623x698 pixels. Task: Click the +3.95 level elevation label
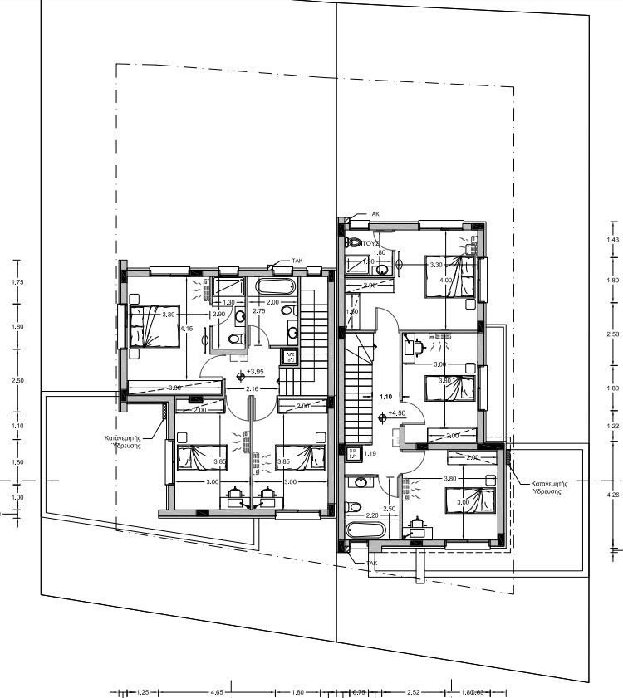click(x=255, y=372)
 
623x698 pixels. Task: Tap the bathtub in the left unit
click(x=274, y=288)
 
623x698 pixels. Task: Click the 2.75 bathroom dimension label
click(x=258, y=310)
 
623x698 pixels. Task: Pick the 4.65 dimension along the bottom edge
click(x=217, y=691)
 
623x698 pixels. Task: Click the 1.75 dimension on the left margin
click(x=17, y=282)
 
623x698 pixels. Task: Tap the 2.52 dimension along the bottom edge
click(x=413, y=691)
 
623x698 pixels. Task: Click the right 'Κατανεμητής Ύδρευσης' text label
click(x=544, y=486)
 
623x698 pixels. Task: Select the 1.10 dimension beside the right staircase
click(x=385, y=397)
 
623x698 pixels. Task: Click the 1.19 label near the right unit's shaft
click(x=370, y=453)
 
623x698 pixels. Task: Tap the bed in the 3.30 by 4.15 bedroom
click(x=155, y=326)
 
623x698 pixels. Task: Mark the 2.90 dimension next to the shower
click(x=218, y=315)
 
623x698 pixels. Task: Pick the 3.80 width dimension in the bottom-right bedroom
click(x=450, y=479)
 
